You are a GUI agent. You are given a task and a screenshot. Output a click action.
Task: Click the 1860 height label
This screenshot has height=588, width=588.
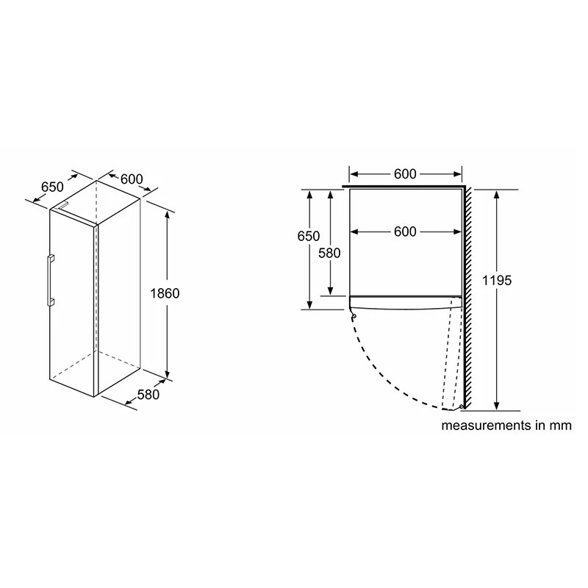click(165, 293)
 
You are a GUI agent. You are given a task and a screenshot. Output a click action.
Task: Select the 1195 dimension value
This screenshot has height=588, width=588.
click(497, 280)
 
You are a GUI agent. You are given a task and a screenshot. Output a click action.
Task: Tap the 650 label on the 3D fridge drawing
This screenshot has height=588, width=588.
click(52, 187)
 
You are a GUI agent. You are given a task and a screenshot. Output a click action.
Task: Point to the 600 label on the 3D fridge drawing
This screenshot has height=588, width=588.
click(132, 179)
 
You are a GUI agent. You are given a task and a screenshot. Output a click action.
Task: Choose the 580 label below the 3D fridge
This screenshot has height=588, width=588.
click(148, 395)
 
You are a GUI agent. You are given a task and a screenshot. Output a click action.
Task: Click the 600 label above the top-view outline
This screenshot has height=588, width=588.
click(405, 174)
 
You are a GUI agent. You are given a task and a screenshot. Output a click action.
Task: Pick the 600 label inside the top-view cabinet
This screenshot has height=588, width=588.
click(405, 232)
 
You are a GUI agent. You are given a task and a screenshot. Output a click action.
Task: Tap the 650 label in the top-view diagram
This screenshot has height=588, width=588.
click(308, 236)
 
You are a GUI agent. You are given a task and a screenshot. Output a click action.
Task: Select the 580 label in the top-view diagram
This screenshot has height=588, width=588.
click(329, 254)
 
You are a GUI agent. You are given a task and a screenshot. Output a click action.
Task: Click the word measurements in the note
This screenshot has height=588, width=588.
click(486, 426)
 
